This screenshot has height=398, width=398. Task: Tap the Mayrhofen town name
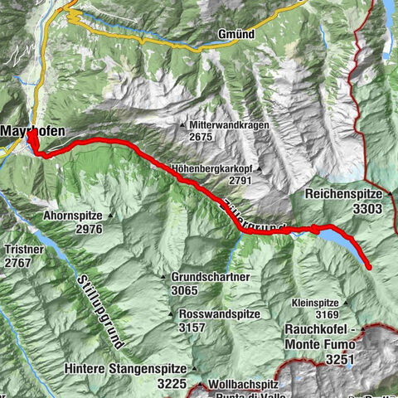point(30,130)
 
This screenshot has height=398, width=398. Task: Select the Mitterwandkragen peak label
point(228,124)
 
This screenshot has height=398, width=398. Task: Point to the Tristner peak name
point(20,250)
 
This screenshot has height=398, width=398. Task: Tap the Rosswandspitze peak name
point(219,314)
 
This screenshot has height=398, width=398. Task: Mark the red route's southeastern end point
point(368,266)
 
